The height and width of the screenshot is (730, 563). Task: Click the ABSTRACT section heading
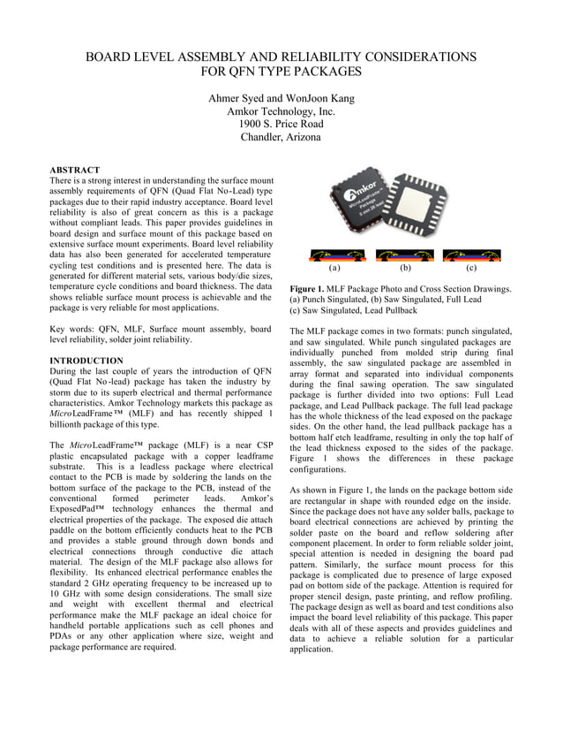(x=74, y=170)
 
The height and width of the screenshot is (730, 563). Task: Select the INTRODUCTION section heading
(x=86, y=361)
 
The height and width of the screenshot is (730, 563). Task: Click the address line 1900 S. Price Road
(x=281, y=124)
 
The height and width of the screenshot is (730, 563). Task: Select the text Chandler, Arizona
(x=281, y=137)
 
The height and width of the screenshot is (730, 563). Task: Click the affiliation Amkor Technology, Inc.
(x=281, y=110)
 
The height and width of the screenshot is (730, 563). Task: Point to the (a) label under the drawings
(x=334, y=266)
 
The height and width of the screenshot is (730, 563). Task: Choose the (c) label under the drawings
(x=471, y=266)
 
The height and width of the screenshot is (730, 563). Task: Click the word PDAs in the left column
(x=63, y=635)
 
